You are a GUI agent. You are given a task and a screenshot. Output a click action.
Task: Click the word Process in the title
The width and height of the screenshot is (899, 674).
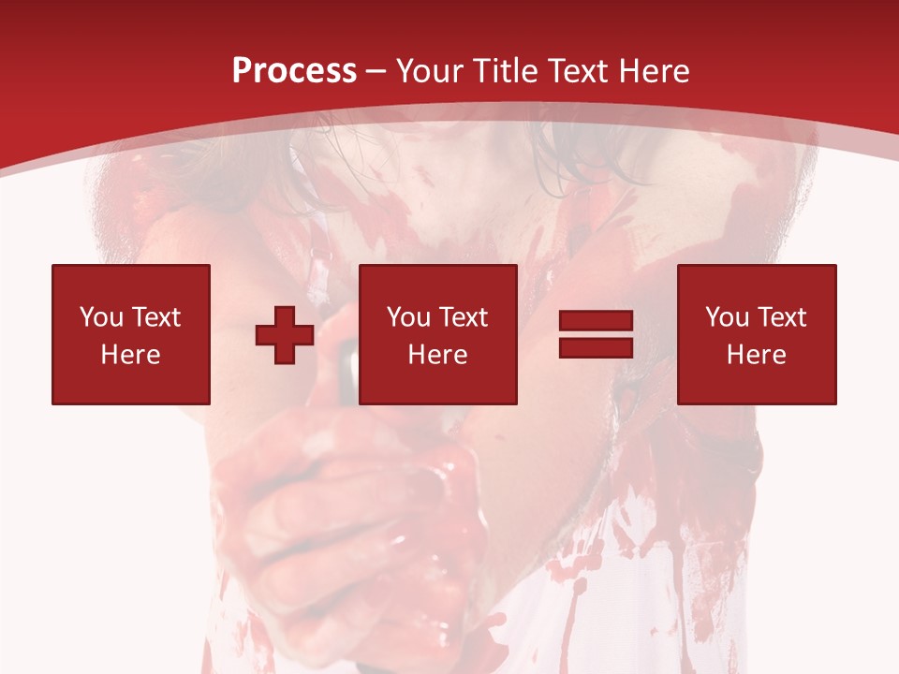(x=294, y=71)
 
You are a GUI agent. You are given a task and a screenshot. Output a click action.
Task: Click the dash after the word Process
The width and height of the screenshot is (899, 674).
(x=376, y=72)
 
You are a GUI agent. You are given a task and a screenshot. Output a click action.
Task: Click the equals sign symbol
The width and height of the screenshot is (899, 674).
(x=596, y=334)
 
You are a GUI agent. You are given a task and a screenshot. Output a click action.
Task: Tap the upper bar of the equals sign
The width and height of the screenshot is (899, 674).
(x=596, y=322)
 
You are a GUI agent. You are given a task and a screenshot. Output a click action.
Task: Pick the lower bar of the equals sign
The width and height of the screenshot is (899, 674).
(x=596, y=347)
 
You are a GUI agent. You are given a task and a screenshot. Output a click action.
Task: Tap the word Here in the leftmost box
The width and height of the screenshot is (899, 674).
(x=130, y=355)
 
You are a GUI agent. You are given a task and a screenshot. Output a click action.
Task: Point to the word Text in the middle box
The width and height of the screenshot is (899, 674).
(x=463, y=317)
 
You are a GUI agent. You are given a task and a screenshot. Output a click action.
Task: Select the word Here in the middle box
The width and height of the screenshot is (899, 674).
(x=437, y=355)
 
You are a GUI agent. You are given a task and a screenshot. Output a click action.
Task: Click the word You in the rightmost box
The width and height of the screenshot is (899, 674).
(x=728, y=317)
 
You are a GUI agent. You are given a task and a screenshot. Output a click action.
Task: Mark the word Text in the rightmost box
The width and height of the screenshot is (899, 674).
(x=781, y=317)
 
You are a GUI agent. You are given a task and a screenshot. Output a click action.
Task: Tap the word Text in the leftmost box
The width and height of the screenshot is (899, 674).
(x=155, y=317)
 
